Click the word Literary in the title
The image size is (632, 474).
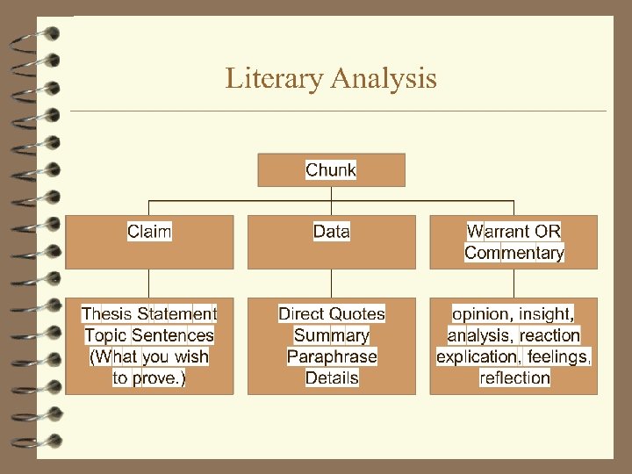(x=274, y=79)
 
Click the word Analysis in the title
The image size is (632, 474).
(x=383, y=79)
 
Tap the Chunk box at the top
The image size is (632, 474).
(x=331, y=170)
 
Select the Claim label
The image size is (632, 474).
(x=149, y=232)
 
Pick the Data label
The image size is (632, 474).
(x=331, y=232)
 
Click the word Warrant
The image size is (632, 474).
(x=499, y=232)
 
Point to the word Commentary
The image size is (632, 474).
(x=514, y=253)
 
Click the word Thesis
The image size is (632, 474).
(x=107, y=313)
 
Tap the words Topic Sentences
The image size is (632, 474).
(x=149, y=335)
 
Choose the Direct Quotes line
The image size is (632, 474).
(x=331, y=313)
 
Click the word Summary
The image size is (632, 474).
(x=331, y=335)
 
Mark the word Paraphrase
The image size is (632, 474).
(x=331, y=356)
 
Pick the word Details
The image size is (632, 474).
(x=331, y=378)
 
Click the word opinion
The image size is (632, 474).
(x=480, y=313)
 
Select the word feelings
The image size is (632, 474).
(x=559, y=356)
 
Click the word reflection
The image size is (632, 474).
(x=514, y=378)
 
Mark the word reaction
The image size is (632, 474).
(x=549, y=335)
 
